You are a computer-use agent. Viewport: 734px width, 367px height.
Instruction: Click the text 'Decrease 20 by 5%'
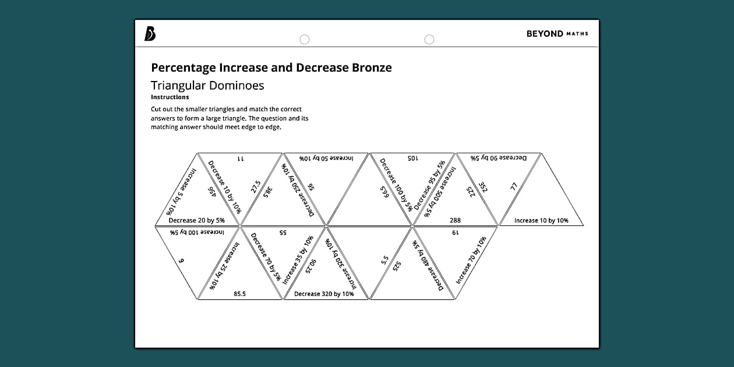tap(196, 221)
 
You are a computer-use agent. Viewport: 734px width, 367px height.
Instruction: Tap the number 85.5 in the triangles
tap(239, 294)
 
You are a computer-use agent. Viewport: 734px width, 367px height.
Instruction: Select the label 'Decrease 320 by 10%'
tap(324, 294)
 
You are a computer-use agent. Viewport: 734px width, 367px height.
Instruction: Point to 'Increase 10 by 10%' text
tap(541, 221)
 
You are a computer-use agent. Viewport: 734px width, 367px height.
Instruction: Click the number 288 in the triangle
tap(456, 221)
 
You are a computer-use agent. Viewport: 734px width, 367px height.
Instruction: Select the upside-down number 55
tap(283, 232)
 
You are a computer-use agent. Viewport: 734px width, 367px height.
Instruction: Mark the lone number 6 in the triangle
tap(181, 262)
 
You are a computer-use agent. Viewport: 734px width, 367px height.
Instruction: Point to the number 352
tap(483, 188)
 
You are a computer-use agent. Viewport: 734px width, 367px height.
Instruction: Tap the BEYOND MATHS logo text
tap(557, 34)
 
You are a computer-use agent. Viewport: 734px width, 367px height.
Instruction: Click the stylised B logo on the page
tap(150, 34)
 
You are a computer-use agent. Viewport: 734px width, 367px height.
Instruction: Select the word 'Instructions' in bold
tap(170, 97)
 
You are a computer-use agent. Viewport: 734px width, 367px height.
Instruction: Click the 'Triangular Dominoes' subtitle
tap(207, 86)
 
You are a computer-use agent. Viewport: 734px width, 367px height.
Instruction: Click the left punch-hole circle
tap(304, 40)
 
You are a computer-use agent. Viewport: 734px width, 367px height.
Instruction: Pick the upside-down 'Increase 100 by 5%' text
tap(197, 232)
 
